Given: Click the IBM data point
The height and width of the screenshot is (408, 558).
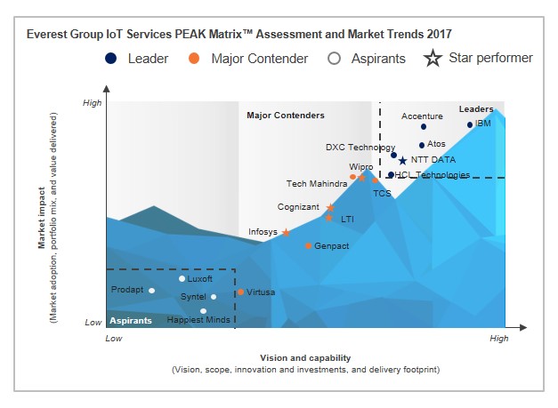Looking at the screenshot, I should [x=470, y=124].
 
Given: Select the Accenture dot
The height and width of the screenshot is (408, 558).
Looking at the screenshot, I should [x=424, y=127].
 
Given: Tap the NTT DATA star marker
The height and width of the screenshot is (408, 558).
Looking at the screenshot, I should [x=402, y=161].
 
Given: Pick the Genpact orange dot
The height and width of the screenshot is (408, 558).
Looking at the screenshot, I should [x=308, y=245].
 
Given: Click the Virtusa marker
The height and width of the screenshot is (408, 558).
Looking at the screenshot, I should [x=240, y=292].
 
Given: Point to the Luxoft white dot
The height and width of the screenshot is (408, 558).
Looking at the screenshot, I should [x=182, y=279].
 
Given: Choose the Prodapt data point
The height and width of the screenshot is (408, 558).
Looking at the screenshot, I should [x=152, y=290].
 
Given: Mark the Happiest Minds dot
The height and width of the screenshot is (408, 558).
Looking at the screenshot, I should [x=204, y=311].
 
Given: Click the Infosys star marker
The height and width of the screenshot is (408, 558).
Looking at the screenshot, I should [x=286, y=233].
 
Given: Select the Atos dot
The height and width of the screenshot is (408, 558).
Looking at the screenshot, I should [x=422, y=145].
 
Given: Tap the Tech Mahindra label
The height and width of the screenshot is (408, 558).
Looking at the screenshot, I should [x=316, y=184].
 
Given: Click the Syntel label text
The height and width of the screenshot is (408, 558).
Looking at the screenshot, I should [x=193, y=296].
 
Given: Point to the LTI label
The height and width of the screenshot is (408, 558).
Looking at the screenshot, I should [x=347, y=218].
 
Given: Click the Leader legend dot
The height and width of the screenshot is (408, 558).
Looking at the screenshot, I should [x=110, y=59].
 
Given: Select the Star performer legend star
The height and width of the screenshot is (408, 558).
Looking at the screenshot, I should [x=433, y=59].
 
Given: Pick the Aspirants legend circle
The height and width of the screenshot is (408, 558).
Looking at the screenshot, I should [x=334, y=59].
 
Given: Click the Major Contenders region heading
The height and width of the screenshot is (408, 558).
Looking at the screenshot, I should [x=285, y=116].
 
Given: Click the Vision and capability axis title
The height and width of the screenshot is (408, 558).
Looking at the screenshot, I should [x=305, y=357].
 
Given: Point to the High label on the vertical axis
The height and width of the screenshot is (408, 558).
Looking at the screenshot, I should [x=93, y=103].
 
